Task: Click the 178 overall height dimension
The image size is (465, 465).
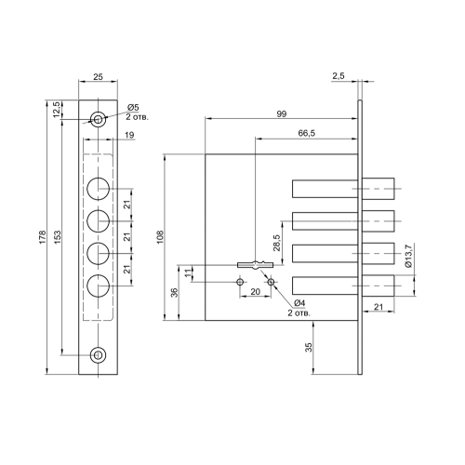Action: [43, 237]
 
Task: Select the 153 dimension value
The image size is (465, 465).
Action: [58, 237]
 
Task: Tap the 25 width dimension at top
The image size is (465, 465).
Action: [98, 76]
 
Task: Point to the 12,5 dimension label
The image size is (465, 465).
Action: [57, 109]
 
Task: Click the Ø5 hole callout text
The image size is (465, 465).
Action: [133, 108]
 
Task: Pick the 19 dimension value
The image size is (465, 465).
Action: [130, 135]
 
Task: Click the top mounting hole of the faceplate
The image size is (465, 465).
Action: [98, 119]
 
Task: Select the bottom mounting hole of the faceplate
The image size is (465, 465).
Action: [98, 354]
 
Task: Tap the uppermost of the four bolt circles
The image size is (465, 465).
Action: [99, 189]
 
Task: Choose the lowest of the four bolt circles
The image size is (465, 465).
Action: [99, 286]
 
